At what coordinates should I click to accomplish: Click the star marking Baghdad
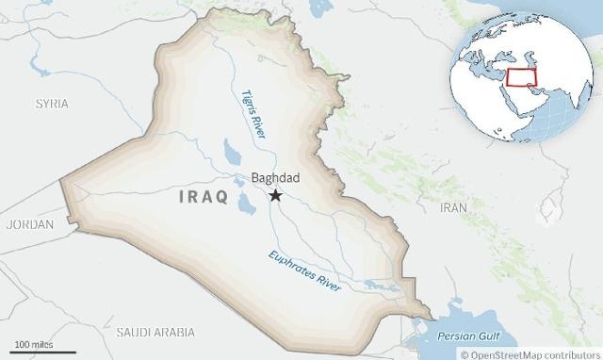pos(275,195)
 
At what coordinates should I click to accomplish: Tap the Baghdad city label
pos(275,177)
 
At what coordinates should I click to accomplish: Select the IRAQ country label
pos(202,197)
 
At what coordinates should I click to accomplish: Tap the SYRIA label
pos(52,102)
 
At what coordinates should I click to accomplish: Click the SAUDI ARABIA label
pos(155,332)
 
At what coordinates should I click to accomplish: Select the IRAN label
pos(454,206)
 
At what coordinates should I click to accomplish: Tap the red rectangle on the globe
pos(520,76)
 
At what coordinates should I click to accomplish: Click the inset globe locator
pos(523,73)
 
